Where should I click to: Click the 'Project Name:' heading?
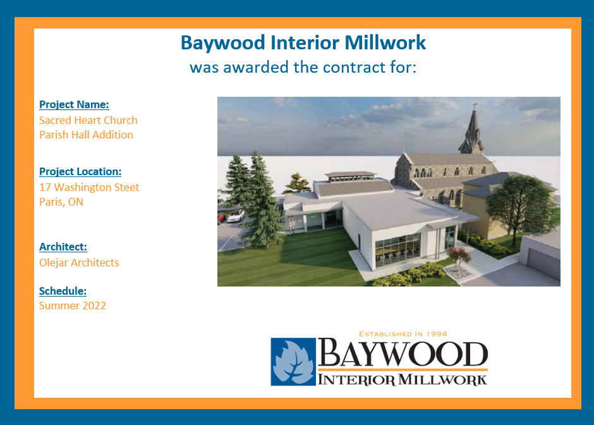[75, 104]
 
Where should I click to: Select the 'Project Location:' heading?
[80, 172]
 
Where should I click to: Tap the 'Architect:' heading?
[63, 247]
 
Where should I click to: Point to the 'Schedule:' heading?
[63, 291]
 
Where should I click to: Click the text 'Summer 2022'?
[73, 305]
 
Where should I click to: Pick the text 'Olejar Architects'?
[79, 262]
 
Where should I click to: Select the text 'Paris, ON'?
[61, 202]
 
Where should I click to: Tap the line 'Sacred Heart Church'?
[88, 120]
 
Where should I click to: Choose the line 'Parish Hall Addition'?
[87, 135]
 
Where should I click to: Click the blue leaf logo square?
[293, 362]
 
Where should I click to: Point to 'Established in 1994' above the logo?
[403, 334]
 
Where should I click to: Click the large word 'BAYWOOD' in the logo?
[403, 353]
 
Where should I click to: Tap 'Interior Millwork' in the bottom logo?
[403, 379]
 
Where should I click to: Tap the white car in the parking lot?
[236, 216]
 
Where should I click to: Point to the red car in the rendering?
[221, 218]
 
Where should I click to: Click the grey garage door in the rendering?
[543, 262]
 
